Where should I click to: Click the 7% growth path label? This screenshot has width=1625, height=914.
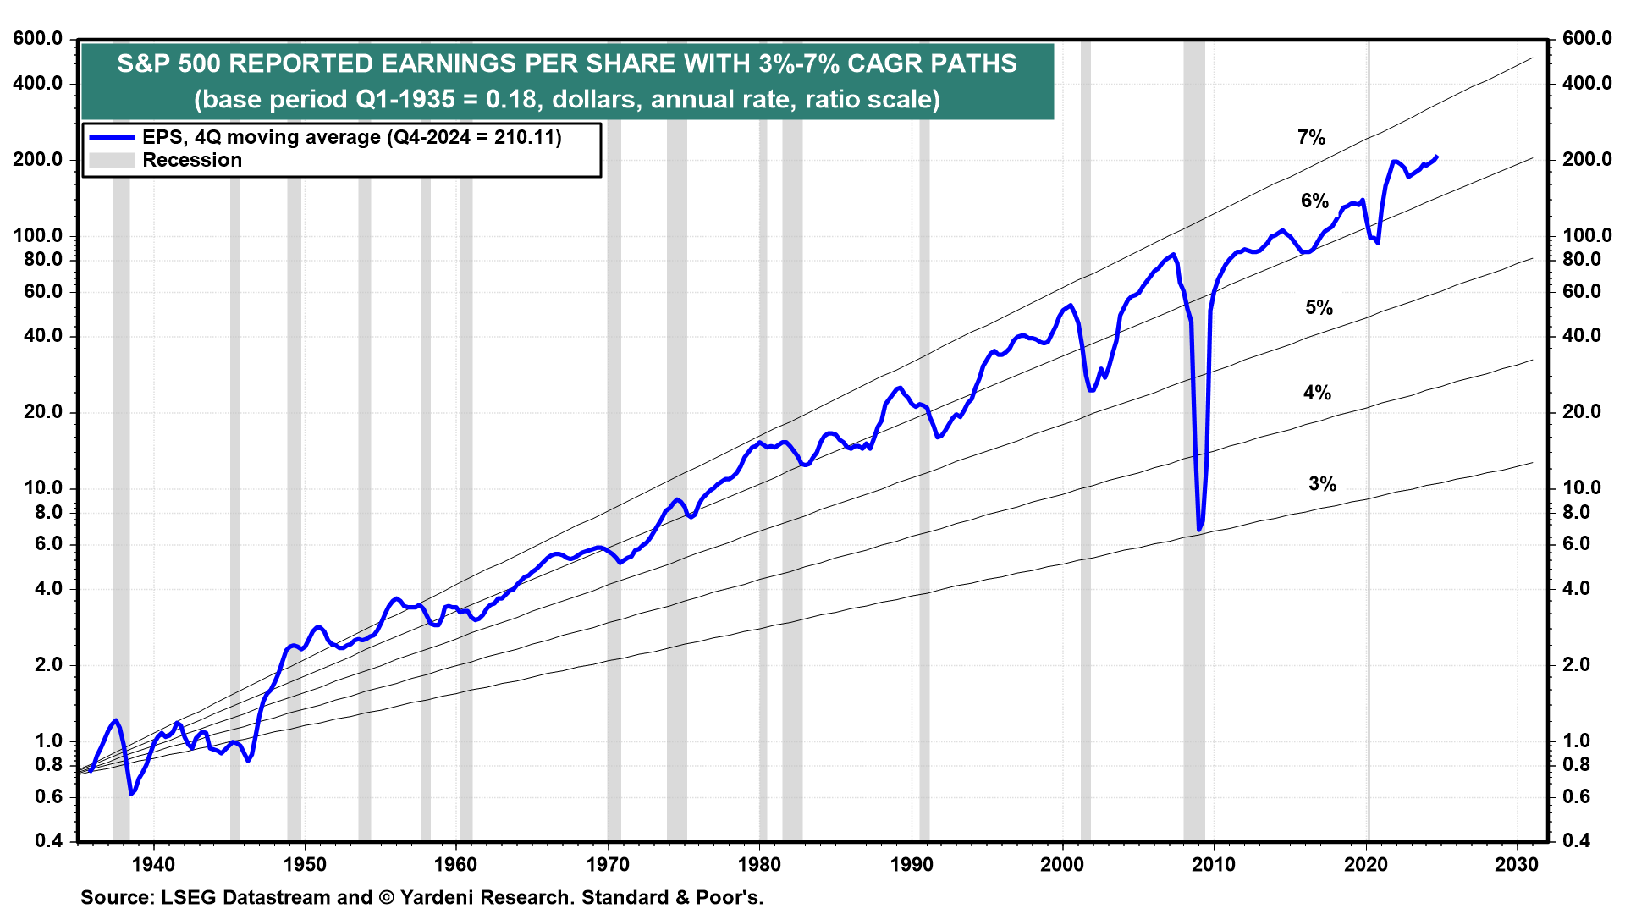tap(1311, 137)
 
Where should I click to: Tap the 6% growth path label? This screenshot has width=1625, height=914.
tap(1314, 201)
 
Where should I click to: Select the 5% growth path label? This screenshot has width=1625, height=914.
tap(1319, 307)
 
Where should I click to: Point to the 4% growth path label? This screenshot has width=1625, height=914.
tap(1317, 392)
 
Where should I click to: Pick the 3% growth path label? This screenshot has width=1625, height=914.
tap(1322, 484)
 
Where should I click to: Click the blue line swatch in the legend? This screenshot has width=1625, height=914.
tap(112, 137)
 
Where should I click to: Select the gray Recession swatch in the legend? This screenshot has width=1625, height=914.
tap(112, 160)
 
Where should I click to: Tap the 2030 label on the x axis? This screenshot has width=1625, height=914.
tap(1517, 864)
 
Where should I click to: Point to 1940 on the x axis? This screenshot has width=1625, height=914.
tap(153, 864)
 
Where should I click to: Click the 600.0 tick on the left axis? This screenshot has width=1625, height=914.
tap(38, 39)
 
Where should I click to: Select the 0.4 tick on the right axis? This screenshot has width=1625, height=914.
tap(1576, 840)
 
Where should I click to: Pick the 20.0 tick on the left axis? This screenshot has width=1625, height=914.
tap(38, 412)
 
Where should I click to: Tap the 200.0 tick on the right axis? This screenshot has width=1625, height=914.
tap(1587, 159)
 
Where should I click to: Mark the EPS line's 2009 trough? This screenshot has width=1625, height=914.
tap(1199, 530)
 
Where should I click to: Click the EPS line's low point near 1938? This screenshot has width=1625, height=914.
tap(131, 793)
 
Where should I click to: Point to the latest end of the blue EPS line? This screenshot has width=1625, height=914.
tap(1437, 157)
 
